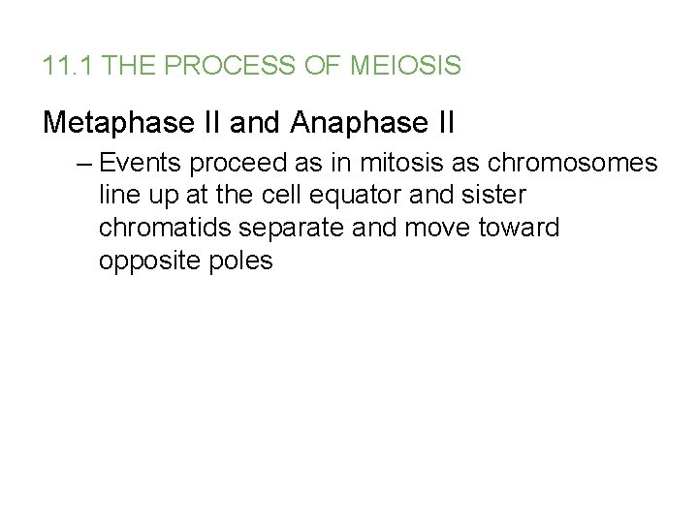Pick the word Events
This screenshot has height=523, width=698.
click(x=135, y=162)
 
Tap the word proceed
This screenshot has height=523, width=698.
click(x=229, y=162)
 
